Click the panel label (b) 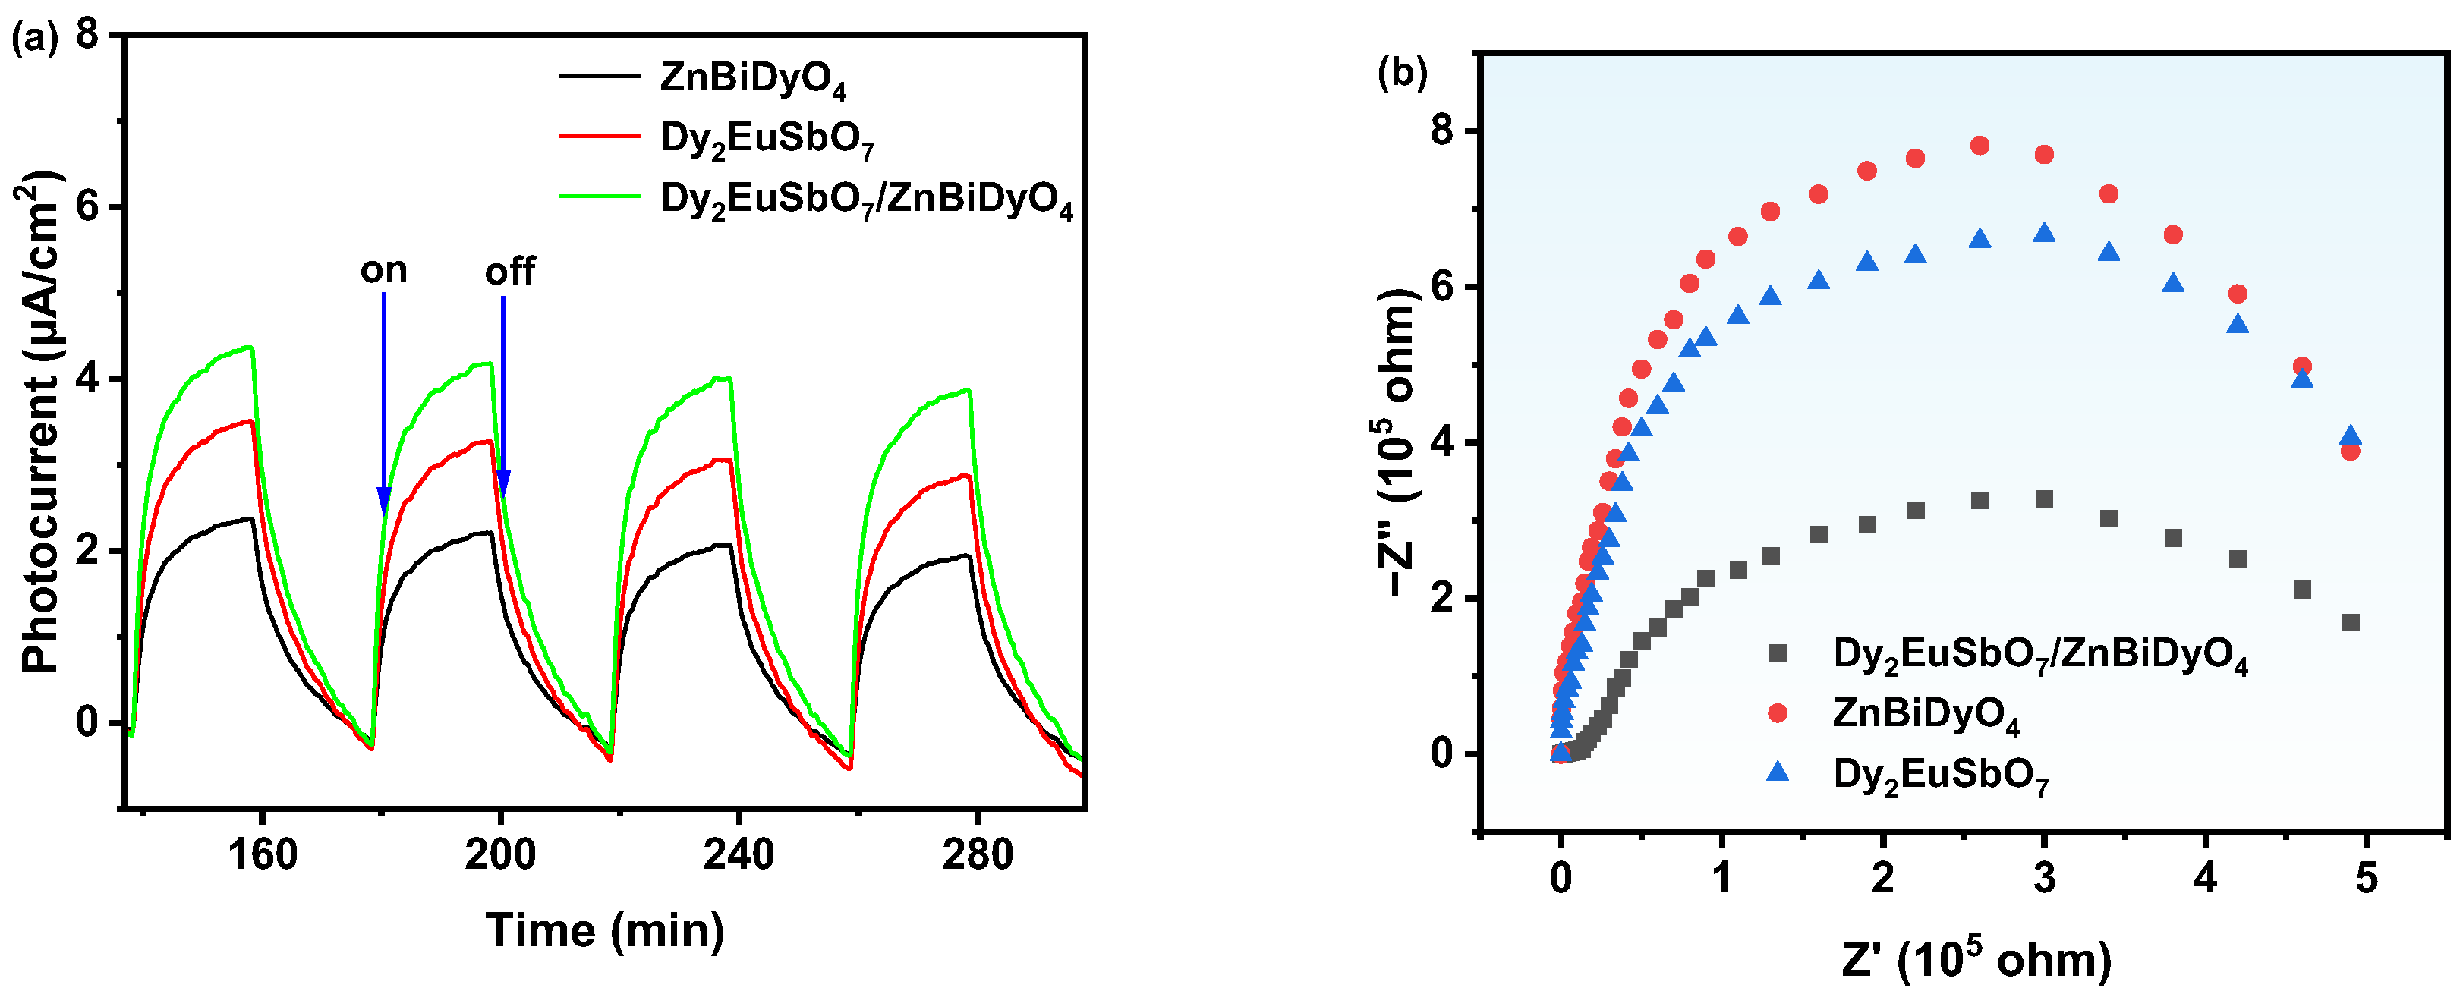coord(1402,73)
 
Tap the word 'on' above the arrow coord(383,270)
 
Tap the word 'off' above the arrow coord(509,272)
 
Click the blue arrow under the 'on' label coord(383,401)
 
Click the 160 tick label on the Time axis coord(262,854)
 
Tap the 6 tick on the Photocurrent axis coord(88,207)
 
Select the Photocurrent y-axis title coord(40,420)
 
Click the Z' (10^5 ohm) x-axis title coord(1976,958)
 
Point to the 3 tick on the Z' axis coord(2044,876)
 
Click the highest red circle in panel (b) coord(1980,145)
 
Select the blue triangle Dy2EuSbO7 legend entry coord(1940,774)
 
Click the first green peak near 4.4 coord(249,348)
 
